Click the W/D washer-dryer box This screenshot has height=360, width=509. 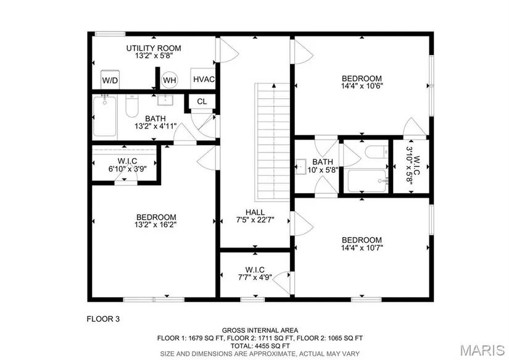click(x=110, y=80)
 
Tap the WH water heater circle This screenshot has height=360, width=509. click(x=169, y=80)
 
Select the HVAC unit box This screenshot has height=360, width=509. click(x=203, y=79)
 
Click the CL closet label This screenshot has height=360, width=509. click(x=202, y=101)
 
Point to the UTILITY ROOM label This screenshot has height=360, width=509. click(x=154, y=48)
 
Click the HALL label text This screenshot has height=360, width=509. click(x=255, y=212)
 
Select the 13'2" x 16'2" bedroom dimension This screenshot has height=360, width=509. click(x=155, y=225)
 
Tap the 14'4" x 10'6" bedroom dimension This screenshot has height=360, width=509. click(x=362, y=86)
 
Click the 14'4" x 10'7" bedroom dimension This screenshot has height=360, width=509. click(x=362, y=248)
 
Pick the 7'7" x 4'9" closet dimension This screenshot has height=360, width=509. click(x=255, y=277)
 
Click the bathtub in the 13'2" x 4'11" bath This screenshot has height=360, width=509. click(x=104, y=116)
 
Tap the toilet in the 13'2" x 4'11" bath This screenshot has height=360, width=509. click(x=132, y=106)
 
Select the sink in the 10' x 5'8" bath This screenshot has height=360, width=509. click(x=301, y=167)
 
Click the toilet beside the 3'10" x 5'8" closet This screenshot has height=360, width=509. click(x=376, y=152)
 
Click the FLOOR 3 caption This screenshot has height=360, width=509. click(x=103, y=319)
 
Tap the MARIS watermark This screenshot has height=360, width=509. click(x=482, y=350)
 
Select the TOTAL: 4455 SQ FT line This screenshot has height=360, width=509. click(x=260, y=346)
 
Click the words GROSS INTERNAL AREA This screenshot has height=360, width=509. click(x=260, y=331)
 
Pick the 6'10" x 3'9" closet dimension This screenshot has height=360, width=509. click(x=128, y=169)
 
